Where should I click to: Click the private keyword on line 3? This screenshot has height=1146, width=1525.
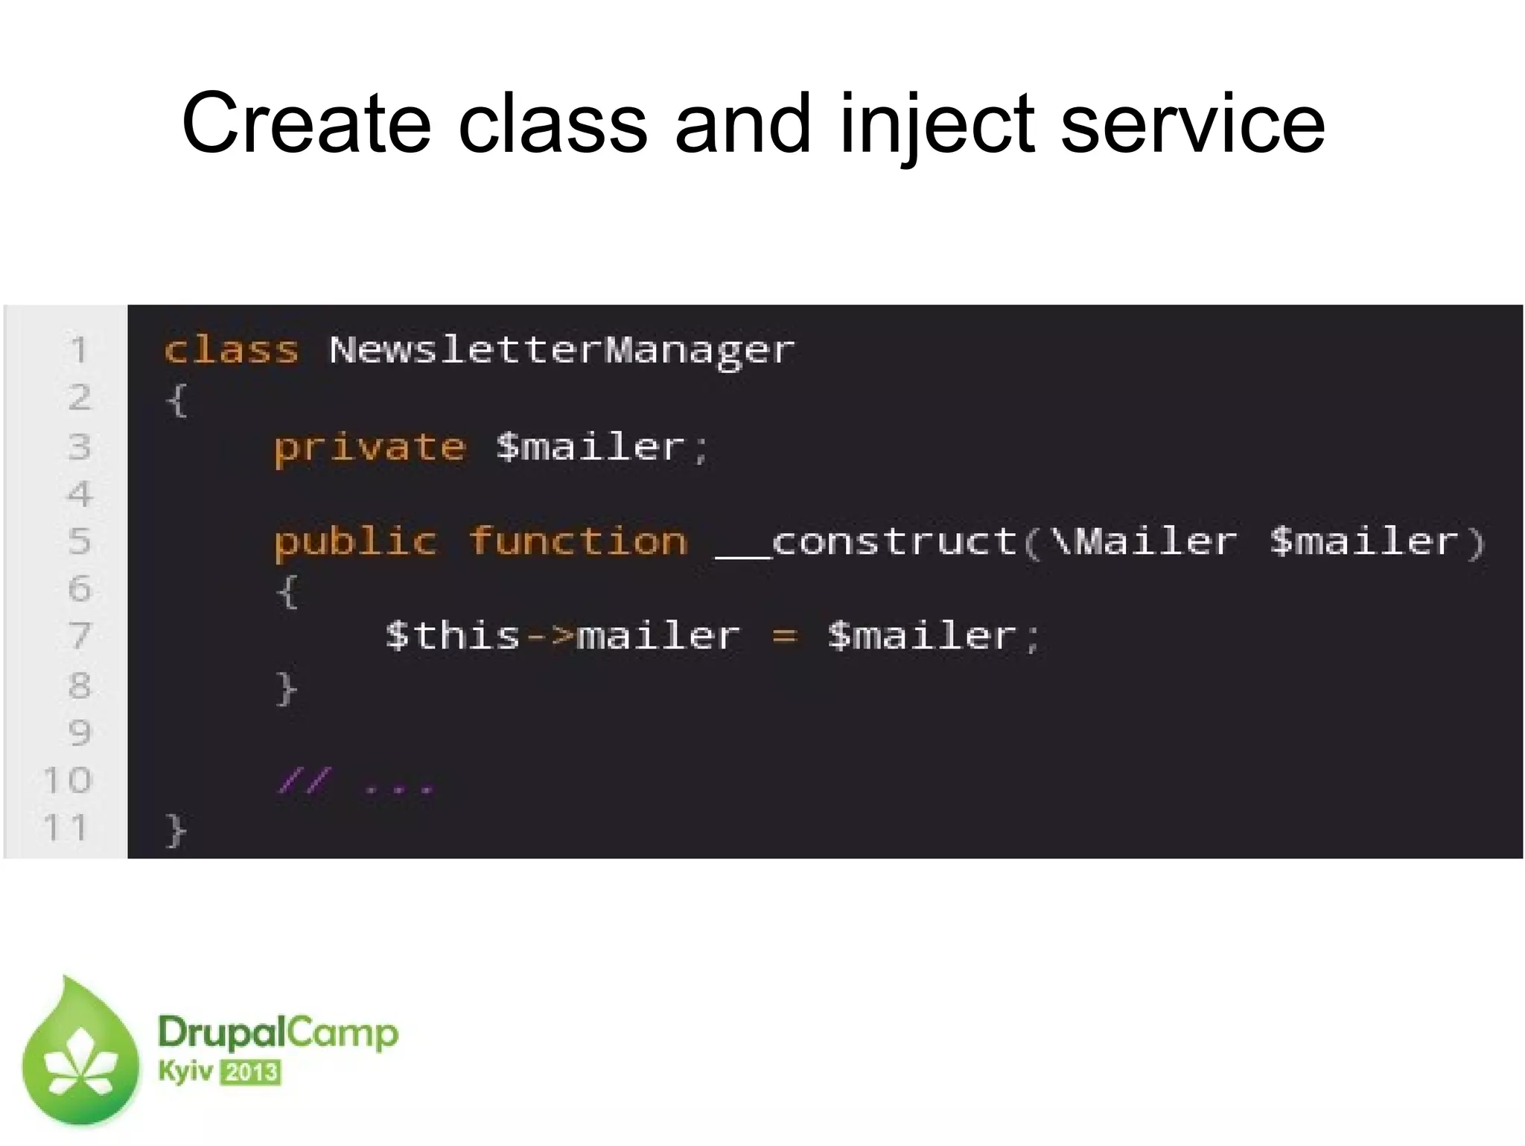tap(370, 447)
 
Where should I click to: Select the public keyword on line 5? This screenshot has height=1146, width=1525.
tap(355, 542)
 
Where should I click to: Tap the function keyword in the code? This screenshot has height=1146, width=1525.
tap(578, 541)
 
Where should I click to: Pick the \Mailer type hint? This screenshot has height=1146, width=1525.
tap(1144, 541)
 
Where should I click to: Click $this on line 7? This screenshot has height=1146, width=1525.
tap(453, 636)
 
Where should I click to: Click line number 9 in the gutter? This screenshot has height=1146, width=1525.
tap(79, 733)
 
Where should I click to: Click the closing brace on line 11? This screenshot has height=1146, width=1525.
tap(176, 830)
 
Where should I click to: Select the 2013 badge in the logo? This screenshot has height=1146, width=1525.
tap(250, 1073)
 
